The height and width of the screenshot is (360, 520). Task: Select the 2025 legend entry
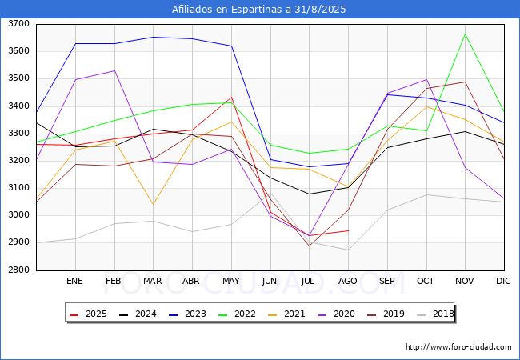(x=88, y=314)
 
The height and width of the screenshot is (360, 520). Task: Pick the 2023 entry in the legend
(x=187, y=314)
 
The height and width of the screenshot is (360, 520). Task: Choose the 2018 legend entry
(x=435, y=314)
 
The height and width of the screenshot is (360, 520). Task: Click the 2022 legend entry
(x=237, y=314)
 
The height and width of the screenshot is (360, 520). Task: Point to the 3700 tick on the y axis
(x=18, y=24)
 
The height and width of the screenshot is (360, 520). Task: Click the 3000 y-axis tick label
(x=18, y=215)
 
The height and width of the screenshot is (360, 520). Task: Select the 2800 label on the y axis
(x=18, y=270)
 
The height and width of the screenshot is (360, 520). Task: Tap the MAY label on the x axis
(x=231, y=281)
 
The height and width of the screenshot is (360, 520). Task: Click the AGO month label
(x=347, y=281)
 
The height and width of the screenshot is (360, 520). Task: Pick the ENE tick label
(x=74, y=281)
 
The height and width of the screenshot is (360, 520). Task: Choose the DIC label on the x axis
(x=503, y=281)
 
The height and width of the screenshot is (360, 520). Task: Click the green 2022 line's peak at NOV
(x=466, y=34)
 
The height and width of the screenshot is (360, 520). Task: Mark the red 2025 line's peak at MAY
(x=231, y=97)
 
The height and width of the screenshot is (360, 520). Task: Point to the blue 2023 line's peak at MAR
(x=154, y=37)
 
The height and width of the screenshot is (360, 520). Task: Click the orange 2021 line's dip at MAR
(x=154, y=204)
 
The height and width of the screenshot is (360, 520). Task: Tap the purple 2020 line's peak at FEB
(x=114, y=70)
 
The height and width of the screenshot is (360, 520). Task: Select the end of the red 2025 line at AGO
(x=348, y=230)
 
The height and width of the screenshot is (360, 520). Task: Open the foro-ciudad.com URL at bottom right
(x=458, y=347)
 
